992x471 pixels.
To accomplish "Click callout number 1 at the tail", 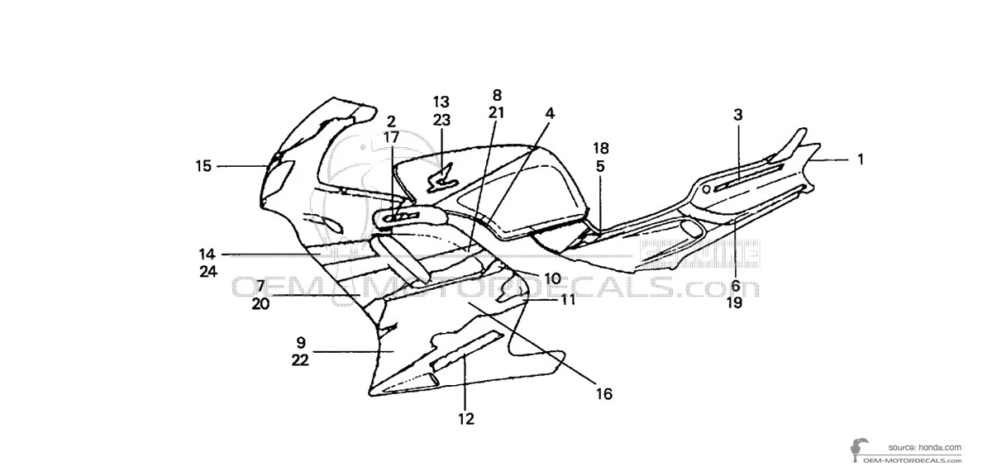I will coord(860,159).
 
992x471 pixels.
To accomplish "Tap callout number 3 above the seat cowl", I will coord(738,115).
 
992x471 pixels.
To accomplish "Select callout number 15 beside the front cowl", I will coord(203,166).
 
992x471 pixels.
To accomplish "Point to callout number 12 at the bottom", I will coord(466,418).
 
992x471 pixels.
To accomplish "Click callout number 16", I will coord(604,394).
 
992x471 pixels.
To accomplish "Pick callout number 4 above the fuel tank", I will coord(550,114).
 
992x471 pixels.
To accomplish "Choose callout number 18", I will coord(601,148).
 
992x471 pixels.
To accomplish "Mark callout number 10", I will coord(551,278).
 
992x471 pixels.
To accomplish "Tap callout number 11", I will coord(567,300).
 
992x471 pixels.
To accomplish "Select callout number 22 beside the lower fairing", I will coord(300,359).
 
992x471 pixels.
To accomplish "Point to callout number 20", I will coord(260,303).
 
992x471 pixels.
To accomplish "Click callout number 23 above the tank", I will coord(441,119).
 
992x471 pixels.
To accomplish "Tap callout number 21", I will coord(497,112).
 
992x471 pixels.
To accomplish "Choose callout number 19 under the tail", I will coord(735,302).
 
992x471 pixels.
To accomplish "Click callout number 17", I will coord(392,137).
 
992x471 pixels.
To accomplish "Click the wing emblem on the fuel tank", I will coord(442,175).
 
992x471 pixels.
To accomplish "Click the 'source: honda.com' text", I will coord(924,446).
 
